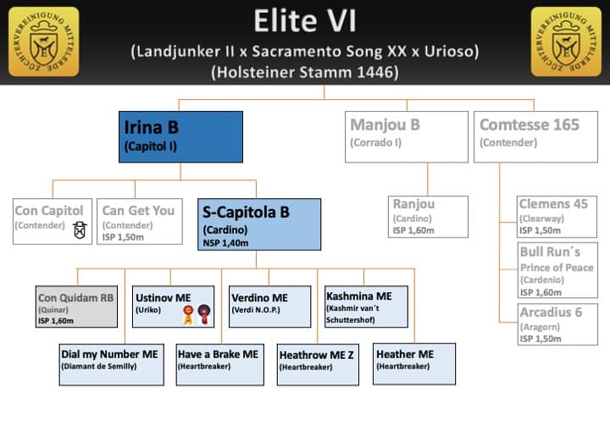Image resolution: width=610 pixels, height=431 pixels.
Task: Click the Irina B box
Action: click(181, 136)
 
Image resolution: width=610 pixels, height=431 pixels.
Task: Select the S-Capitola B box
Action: click(258, 224)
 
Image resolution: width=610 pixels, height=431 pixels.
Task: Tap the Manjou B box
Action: click(407, 136)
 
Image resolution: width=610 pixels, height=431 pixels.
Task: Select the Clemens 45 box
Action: click(556, 216)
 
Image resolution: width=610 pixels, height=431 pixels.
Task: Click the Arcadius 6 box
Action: click(556, 324)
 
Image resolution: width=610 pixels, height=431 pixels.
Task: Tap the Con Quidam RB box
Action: click(77, 307)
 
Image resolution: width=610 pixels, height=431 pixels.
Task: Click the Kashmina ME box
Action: click(365, 307)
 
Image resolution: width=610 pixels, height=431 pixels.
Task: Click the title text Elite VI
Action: click(304, 20)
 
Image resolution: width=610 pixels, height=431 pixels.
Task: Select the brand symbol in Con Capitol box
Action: click(80, 229)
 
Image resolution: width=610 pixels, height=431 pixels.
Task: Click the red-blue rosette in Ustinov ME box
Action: click(202, 314)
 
